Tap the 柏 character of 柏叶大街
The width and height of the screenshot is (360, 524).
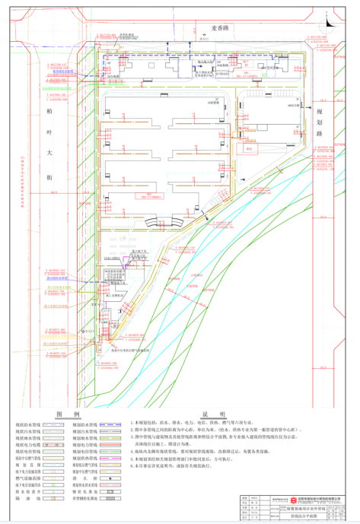point(49,112)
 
